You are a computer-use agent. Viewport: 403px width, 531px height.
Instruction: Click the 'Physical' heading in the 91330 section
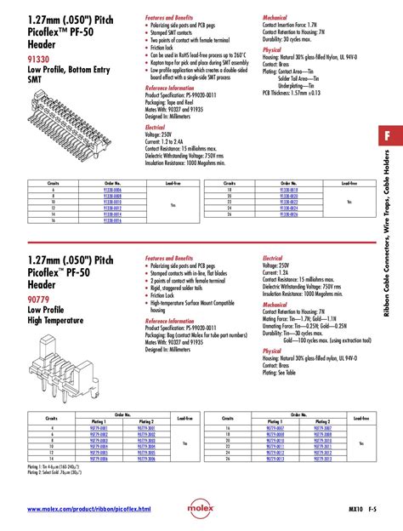click(271, 50)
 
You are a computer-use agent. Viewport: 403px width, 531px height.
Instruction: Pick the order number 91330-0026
click(288, 214)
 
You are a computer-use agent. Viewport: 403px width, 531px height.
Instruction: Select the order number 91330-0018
click(288, 189)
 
